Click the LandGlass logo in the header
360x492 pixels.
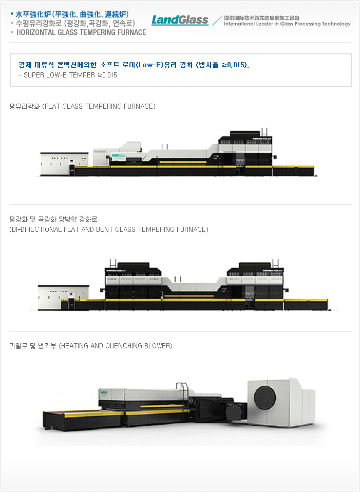180,20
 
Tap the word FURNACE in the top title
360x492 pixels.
131,32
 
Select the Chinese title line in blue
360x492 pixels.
72,14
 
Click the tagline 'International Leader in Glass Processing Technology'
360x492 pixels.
287,24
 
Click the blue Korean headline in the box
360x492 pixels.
134,65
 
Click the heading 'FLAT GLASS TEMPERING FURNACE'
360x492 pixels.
100,106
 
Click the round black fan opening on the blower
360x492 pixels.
265,398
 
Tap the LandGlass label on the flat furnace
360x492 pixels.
119,155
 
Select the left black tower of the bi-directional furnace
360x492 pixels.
133,269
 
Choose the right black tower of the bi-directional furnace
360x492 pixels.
255,269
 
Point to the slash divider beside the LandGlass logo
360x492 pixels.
217,21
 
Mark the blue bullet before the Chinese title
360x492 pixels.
12,14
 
